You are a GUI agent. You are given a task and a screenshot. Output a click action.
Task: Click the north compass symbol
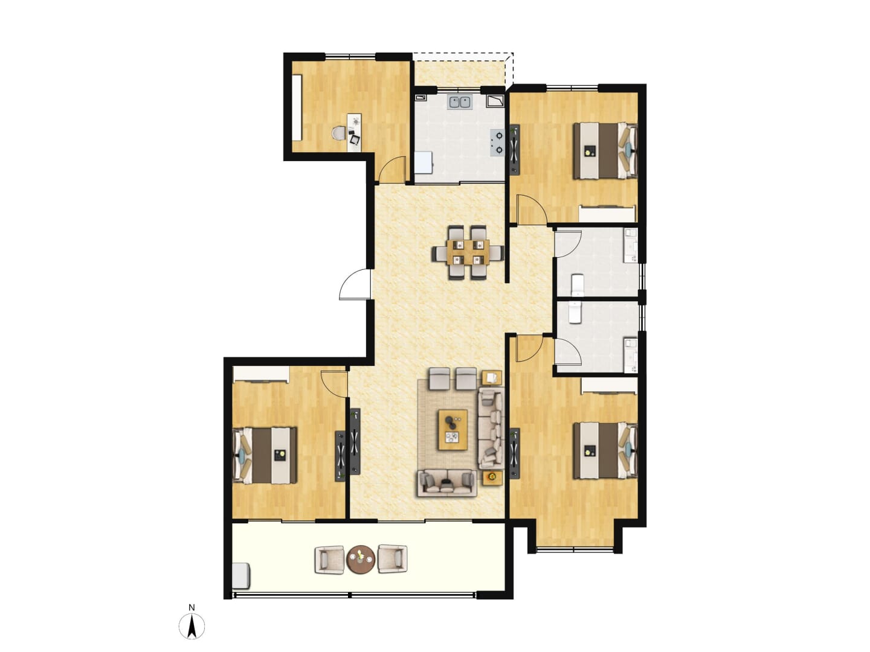[192, 626]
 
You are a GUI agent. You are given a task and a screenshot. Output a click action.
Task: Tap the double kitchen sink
[460, 102]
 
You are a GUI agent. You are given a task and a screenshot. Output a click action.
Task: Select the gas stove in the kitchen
[497, 142]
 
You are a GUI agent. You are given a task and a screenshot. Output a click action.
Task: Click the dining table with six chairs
[468, 252]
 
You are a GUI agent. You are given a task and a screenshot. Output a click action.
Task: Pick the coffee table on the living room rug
[453, 430]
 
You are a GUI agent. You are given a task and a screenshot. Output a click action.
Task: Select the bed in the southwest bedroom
[265, 455]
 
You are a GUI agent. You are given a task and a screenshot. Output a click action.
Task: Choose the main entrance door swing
[354, 284]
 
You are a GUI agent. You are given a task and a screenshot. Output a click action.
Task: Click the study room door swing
[391, 170]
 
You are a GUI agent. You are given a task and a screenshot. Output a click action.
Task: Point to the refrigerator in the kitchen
[424, 162]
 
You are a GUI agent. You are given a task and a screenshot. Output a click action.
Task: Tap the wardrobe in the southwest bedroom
[261, 374]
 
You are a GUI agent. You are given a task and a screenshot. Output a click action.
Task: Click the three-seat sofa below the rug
[446, 483]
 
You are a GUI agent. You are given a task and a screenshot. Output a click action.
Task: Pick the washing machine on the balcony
[241, 577]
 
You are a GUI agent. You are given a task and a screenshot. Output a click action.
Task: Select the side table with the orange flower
[492, 478]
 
